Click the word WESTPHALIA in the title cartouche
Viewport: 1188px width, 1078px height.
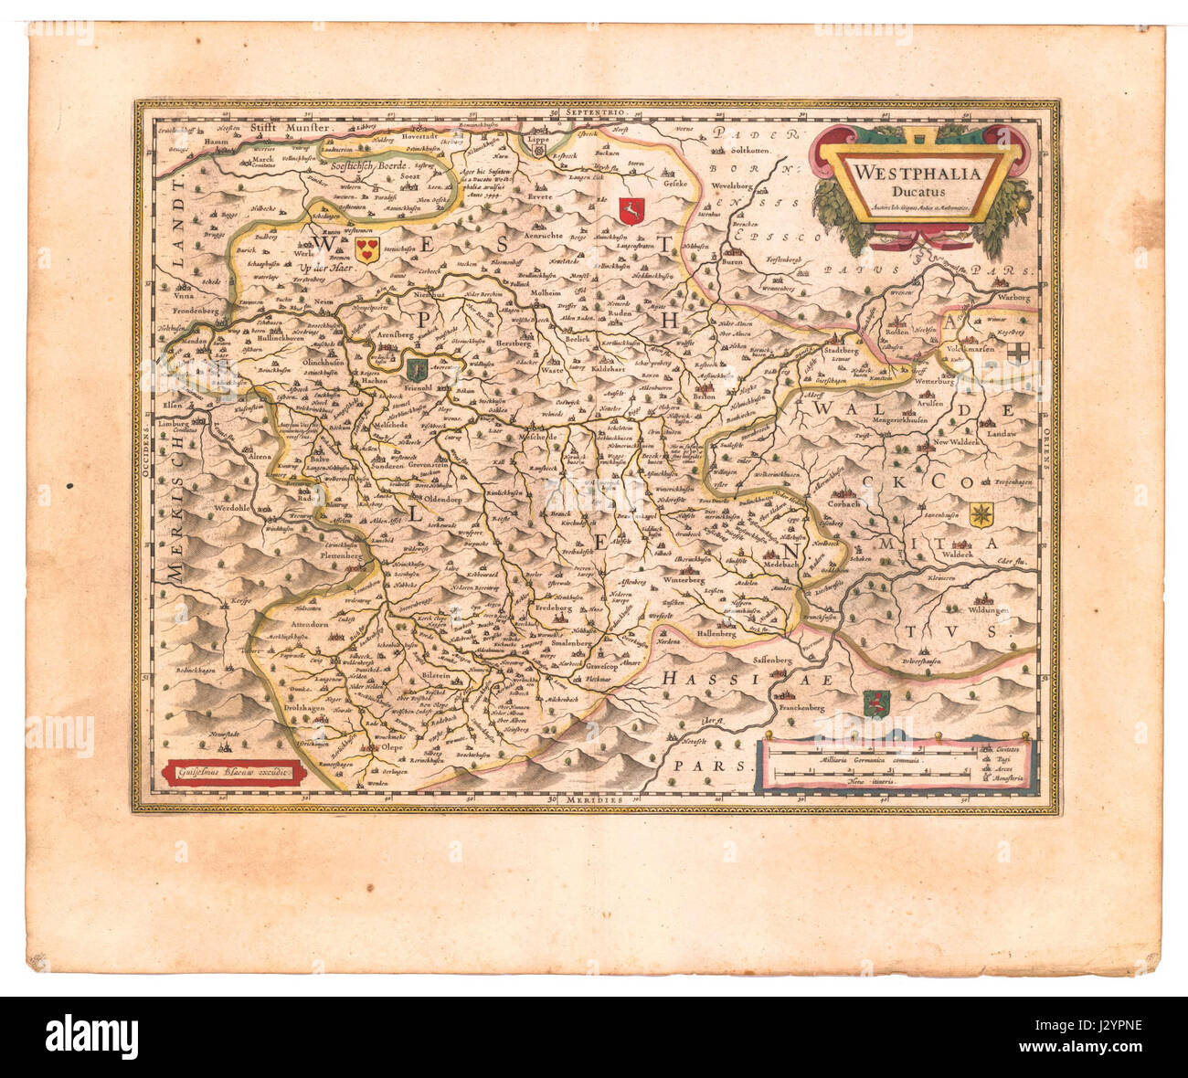917,173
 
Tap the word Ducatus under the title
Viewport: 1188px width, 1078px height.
917,191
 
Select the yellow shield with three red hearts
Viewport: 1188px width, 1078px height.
366,250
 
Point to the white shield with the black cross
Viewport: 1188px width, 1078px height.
1017,354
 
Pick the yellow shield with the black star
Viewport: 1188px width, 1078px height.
981,514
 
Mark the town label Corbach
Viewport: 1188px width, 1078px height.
843,503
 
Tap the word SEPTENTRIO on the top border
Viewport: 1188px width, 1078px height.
595,111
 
